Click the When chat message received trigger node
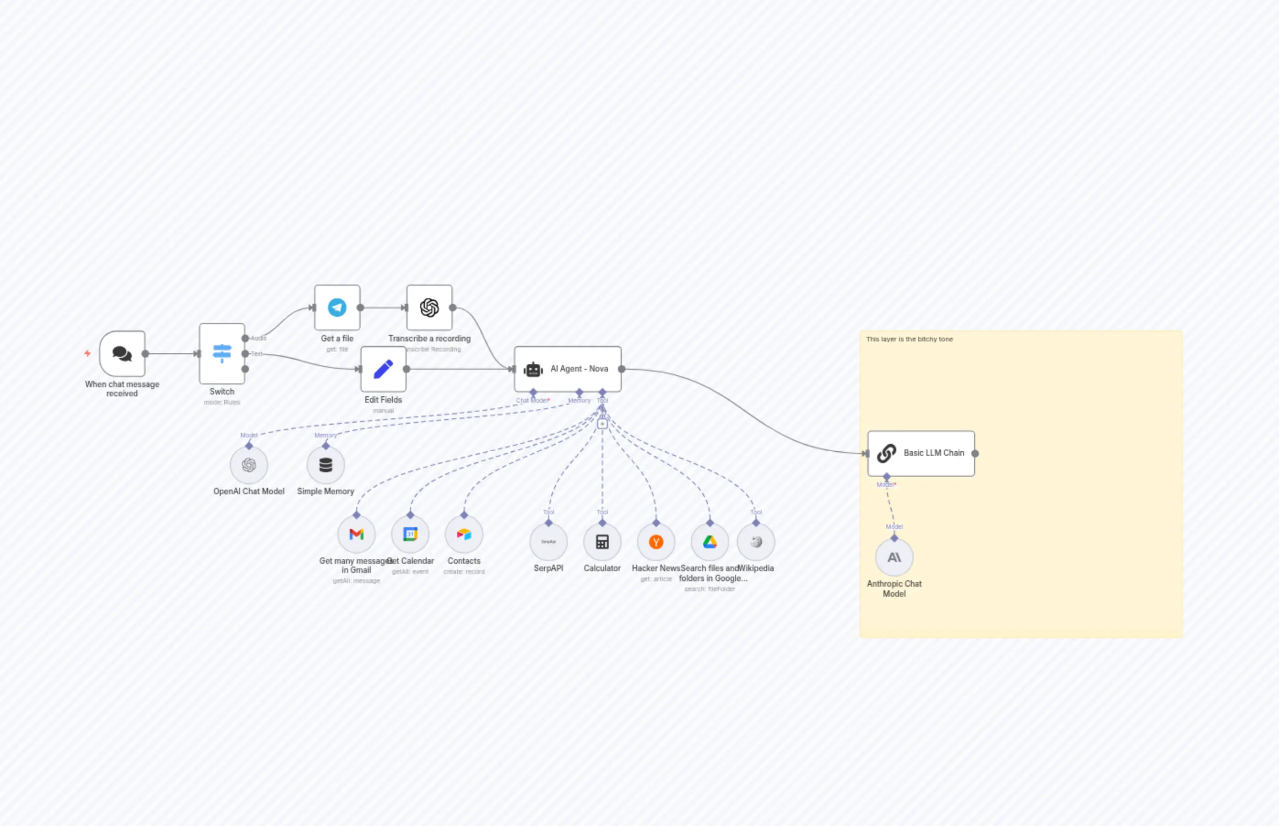point(122,353)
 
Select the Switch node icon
point(222,353)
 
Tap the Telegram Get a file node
point(337,308)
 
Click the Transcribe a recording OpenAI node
point(429,308)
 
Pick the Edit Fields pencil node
point(383,369)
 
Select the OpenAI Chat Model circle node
point(249,465)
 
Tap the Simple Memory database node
point(325,465)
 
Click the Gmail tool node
point(356,534)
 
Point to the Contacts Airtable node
point(464,534)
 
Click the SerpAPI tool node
point(548,542)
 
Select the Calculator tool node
point(602,542)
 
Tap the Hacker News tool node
point(656,542)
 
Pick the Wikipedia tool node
point(756,542)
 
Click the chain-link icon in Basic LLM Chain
point(886,453)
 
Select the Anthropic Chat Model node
point(894,557)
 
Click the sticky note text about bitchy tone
point(910,339)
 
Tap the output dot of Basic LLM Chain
point(975,453)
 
